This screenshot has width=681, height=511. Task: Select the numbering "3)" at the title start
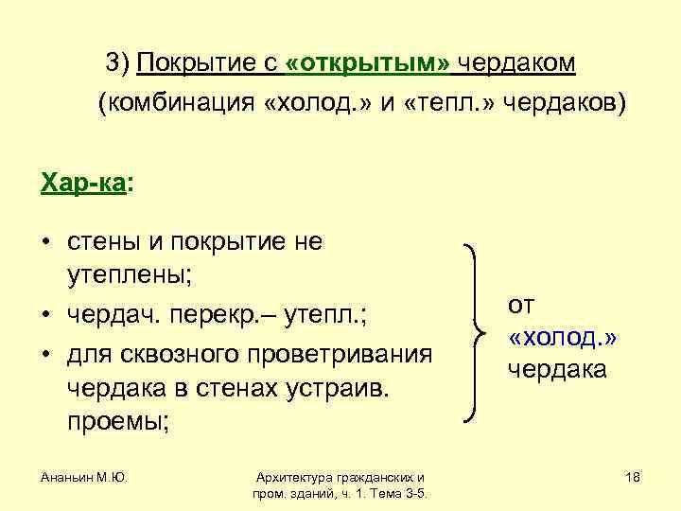pyautogui.click(x=118, y=63)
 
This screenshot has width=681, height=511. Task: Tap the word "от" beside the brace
pyautogui.click(x=521, y=305)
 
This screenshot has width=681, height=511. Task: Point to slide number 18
pyautogui.click(x=633, y=479)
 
